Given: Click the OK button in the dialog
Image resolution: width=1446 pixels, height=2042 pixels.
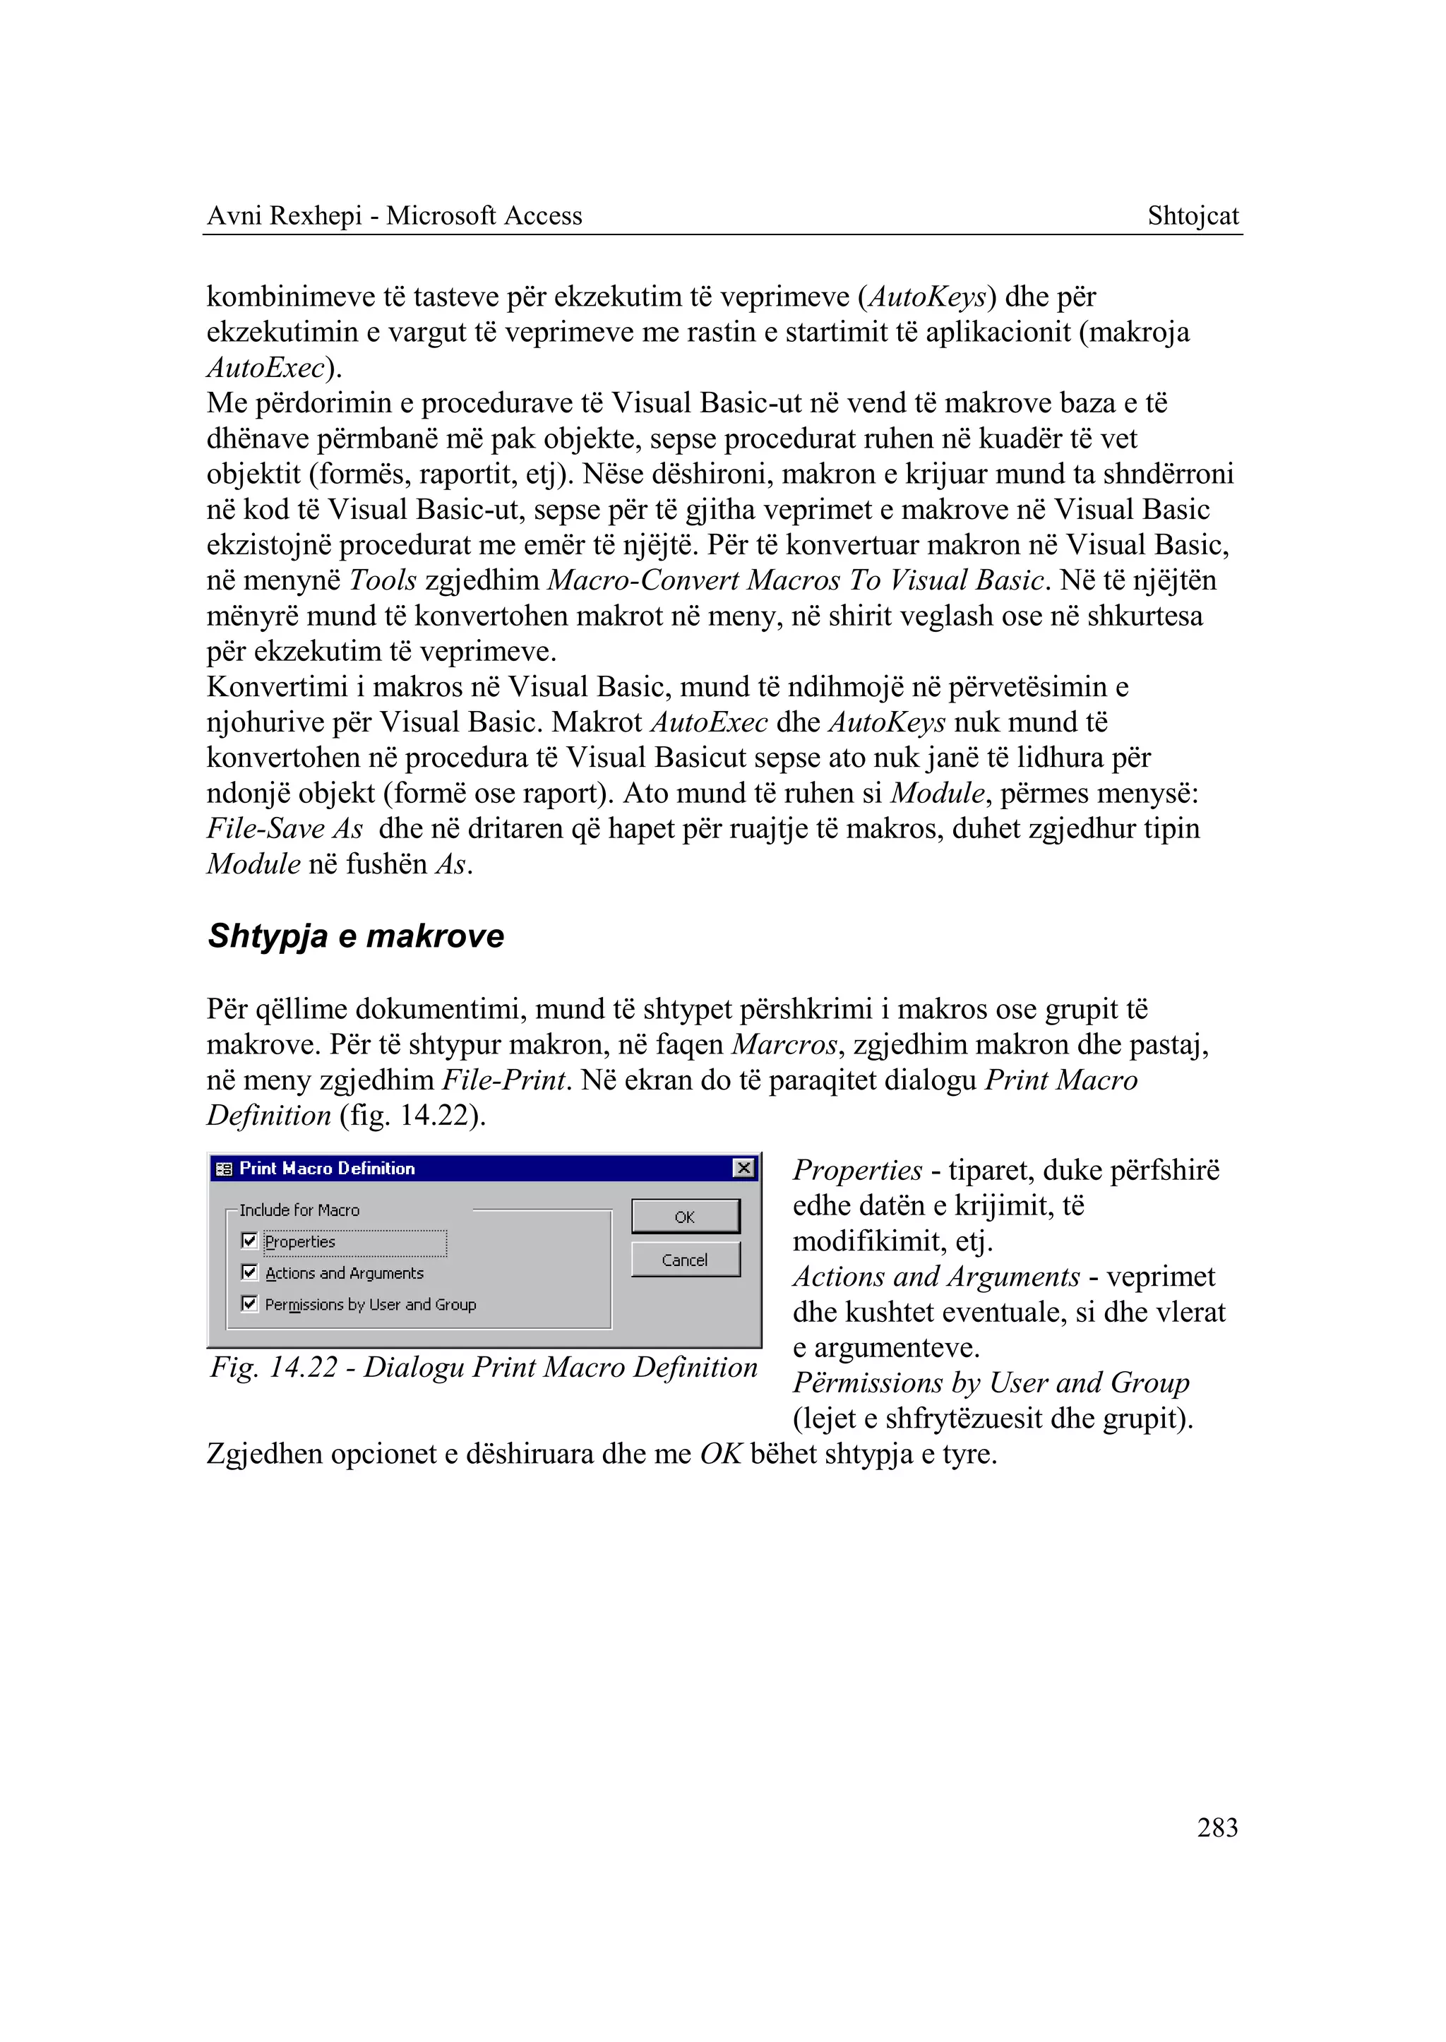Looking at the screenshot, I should pyautogui.click(x=685, y=1217).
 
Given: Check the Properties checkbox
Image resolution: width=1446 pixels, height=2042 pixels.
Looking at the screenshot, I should pyautogui.click(x=249, y=1241).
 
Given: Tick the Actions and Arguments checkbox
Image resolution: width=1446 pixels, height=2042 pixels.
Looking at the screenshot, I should pyautogui.click(x=249, y=1272).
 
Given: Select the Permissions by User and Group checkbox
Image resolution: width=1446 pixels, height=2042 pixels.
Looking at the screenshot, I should pyautogui.click(x=249, y=1303).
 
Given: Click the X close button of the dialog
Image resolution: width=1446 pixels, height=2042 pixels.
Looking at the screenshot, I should pyautogui.click(x=743, y=1167).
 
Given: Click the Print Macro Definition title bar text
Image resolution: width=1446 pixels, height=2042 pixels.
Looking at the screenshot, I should pyautogui.click(x=327, y=1167).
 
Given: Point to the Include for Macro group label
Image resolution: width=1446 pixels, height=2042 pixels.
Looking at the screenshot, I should pyautogui.click(x=299, y=1210).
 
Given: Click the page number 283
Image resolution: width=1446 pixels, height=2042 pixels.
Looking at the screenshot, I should pyautogui.click(x=1217, y=1827).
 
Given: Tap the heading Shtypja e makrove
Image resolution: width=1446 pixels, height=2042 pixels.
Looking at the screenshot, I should pyautogui.click(x=355, y=936).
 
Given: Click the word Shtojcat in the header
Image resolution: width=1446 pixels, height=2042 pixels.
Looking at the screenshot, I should pyautogui.click(x=1193, y=215).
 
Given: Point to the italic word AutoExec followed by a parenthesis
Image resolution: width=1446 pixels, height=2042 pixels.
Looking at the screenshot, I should pyautogui.click(x=265, y=367).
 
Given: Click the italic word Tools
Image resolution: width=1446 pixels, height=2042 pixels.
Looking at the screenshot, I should pyautogui.click(x=383, y=580).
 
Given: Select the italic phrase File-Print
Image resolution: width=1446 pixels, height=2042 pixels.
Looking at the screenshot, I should pyautogui.click(x=504, y=1080).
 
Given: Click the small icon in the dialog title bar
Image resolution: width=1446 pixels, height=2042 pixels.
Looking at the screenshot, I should pyautogui.click(x=225, y=1169).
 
